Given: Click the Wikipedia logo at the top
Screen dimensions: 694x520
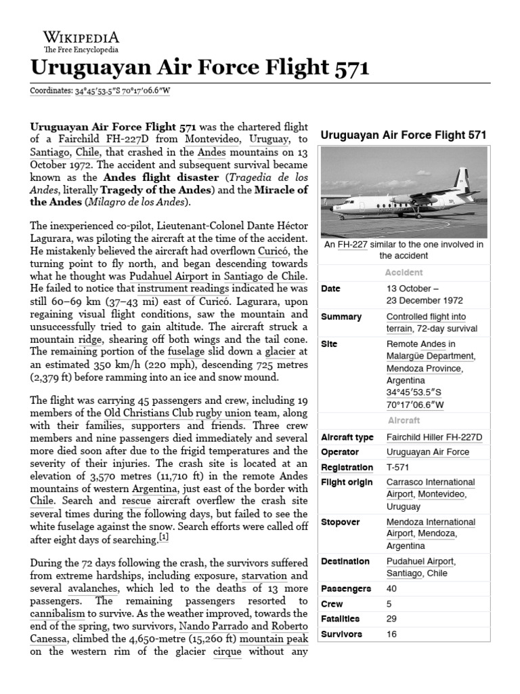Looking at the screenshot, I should [81, 41].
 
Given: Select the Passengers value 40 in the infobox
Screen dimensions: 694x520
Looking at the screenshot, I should [392, 588].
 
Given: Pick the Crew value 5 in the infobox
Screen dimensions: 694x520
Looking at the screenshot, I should [389, 603].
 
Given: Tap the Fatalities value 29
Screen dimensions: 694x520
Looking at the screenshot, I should [392, 619].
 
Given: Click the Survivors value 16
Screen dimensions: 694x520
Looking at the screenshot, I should [392, 634].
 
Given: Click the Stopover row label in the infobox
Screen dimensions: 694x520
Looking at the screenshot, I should [341, 522].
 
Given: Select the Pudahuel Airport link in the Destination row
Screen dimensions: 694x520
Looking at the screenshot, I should [420, 561].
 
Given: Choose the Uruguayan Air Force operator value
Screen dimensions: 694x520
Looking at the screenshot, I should [427, 452].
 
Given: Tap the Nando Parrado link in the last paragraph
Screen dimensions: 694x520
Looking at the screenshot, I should [198, 625].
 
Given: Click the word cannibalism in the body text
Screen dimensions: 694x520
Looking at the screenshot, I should [58, 613].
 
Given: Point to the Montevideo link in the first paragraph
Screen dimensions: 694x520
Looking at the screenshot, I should [201, 139].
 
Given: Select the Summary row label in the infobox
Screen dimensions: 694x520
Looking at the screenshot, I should [341, 317].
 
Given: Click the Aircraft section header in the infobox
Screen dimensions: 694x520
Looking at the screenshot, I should [404, 420].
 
